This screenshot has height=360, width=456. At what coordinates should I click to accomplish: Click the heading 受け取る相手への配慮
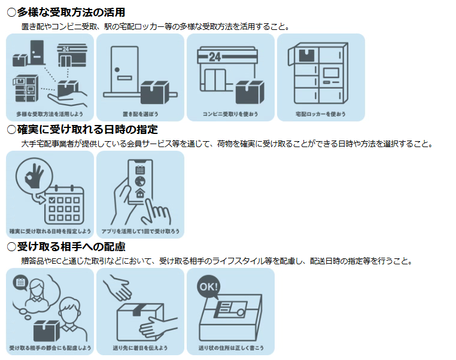click(71, 246)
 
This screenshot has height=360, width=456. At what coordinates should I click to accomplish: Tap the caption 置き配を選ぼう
click(140, 113)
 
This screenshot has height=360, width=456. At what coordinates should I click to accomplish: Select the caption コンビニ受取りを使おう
click(230, 113)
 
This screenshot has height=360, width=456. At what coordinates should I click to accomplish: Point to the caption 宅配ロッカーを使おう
click(321, 113)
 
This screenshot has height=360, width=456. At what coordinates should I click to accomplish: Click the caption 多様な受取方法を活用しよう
click(50, 113)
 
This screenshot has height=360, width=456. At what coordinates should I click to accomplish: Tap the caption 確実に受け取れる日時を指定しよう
click(50, 230)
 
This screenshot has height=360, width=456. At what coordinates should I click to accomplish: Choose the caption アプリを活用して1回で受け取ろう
click(140, 230)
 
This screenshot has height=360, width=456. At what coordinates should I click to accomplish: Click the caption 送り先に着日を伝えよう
click(140, 347)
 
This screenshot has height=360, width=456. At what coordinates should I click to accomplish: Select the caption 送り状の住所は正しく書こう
click(230, 347)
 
